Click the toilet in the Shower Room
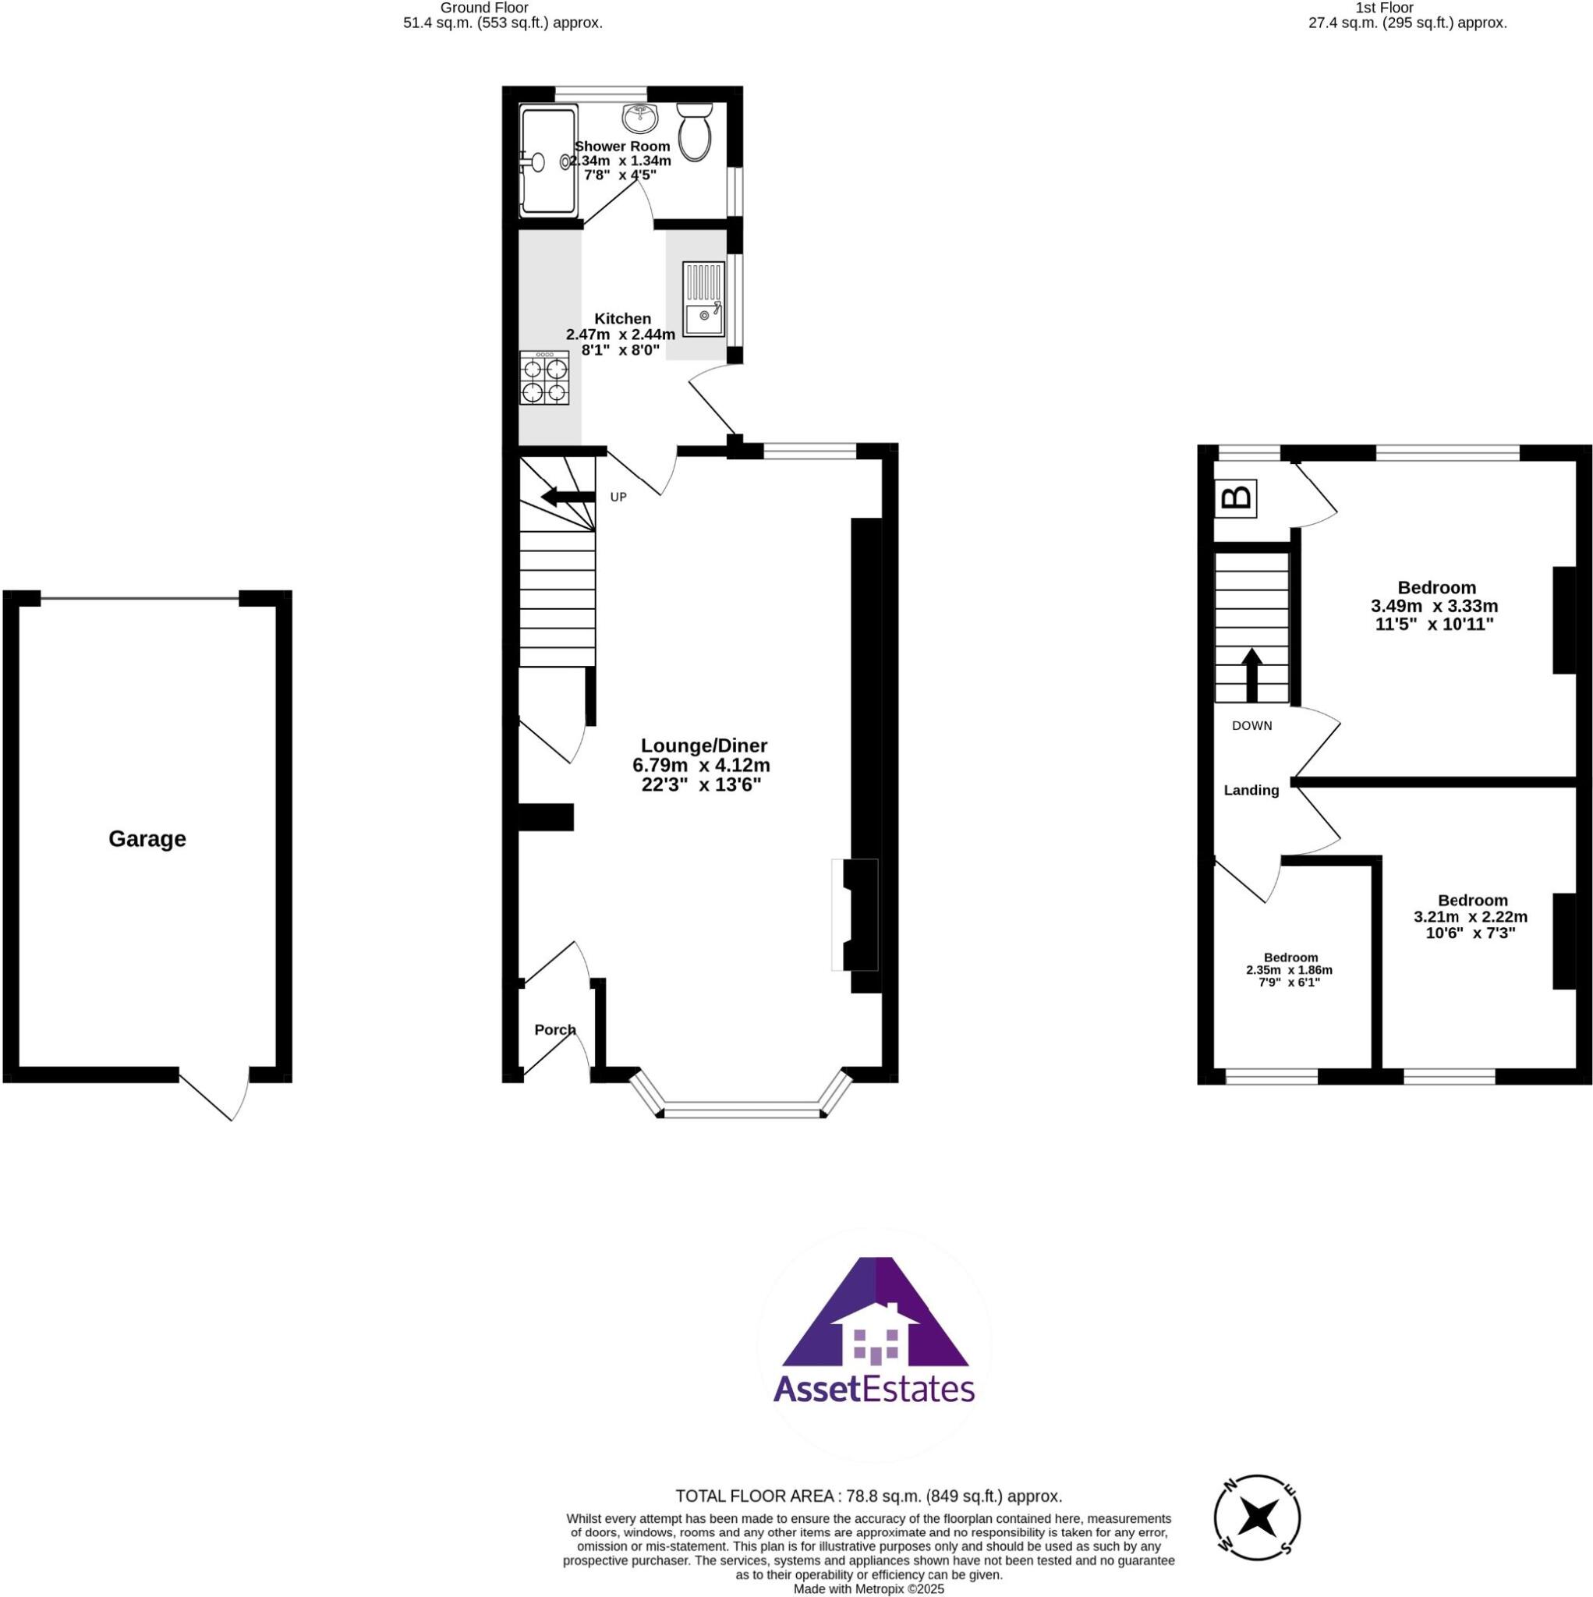click(x=695, y=133)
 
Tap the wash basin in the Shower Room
click(x=640, y=119)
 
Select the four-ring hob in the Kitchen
click(x=544, y=377)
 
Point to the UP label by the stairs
click(x=618, y=497)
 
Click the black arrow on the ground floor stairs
click(x=568, y=496)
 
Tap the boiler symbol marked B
click(x=1236, y=498)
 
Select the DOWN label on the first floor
click(x=1251, y=726)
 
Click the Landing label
click(x=1251, y=790)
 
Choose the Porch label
click(x=554, y=1029)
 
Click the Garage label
click(x=147, y=839)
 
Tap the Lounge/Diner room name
click(x=704, y=745)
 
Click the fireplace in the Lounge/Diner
click(x=855, y=914)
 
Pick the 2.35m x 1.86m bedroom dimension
click(x=1289, y=970)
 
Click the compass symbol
click(x=1256, y=1540)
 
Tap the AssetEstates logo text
click(x=874, y=1389)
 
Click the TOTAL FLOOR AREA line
click(x=868, y=1496)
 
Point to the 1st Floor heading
click(x=1407, y=8)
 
